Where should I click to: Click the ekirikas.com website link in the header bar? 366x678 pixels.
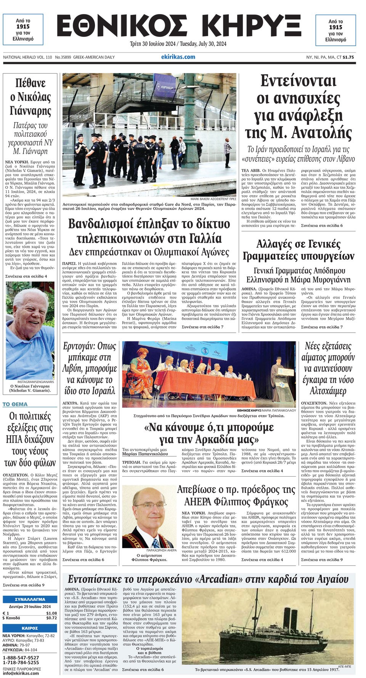pos(178,57)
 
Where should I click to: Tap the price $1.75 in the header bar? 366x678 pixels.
pos(348,57)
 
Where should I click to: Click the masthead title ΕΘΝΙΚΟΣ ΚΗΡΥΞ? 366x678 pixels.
pos(179,27)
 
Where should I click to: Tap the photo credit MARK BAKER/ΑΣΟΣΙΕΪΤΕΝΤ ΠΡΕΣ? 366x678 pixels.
pos(213,199)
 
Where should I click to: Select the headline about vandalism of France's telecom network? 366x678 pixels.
pos(149,231)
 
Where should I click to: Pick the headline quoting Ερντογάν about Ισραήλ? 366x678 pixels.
pos(90,368)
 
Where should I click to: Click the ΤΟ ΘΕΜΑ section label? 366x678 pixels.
pos(15,404)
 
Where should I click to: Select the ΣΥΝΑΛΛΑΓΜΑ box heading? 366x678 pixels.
pos(30,599)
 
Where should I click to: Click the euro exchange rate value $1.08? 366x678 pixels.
pos(51,613)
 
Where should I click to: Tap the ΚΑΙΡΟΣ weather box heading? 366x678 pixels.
pos(30,628)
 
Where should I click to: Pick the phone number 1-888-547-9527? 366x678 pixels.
pos(21,658)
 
